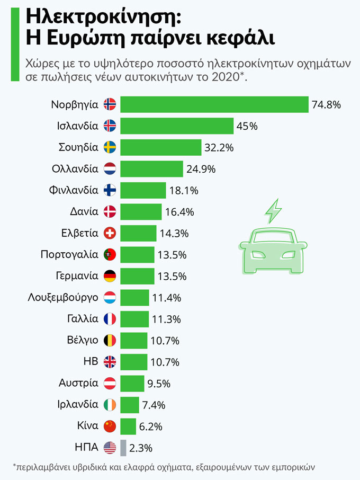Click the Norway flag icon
pyautogui.click(x=110, y=104)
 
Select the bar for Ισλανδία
pyautogui.click(x=177, y=126)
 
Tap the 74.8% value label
pyautogui.click(x=326, y=104)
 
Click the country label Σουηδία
pyautogui.click(x=78, y=147)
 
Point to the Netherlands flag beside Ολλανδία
pyautogui.click(x=110, y=169)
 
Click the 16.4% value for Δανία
pyautogui.click(x=179, y=212)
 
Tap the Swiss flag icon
pyautogui.click(x=110, y=233)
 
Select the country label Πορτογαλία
pyautogui.click(x=69, y=255)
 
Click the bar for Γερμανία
pyautogui.click(x=137, y=276)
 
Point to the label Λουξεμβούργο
pyautogui.click(x=63, y=297)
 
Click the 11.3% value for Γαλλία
pyautogui.click(x=166, y=319)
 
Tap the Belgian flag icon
pyautogui.click(x=110, y=340)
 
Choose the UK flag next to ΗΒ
pyautogui.click(x=110, y=362)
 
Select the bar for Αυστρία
pyautogui.click(x=132, y=383)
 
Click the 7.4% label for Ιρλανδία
pyautogui.click(x=154, y=405)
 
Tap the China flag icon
pyautogui.click(x=110, y=426)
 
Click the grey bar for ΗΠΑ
pyautogui.click(x=123, y=448)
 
